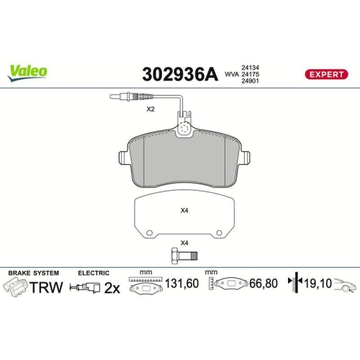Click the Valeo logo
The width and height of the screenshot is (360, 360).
[28, 71]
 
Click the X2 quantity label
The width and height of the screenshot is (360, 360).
[150, 109]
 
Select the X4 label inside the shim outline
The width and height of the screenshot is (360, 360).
[184, 211]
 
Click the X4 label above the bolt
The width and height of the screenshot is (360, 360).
[184, 242]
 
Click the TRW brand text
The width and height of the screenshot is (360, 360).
[49, 287]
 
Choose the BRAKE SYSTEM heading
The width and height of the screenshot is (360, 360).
[34, 273]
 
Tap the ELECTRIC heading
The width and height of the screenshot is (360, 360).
[94, 273]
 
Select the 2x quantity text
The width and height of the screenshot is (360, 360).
[112, 287]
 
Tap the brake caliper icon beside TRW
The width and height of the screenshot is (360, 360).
[15, 287]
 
